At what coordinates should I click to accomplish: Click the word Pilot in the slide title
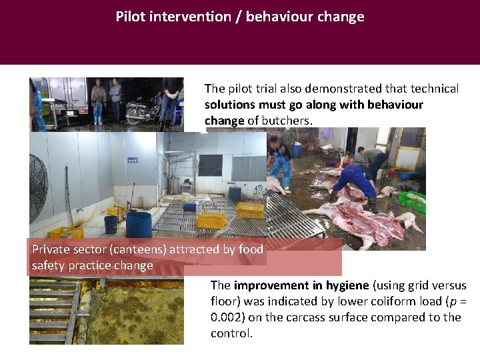(x=131, y=17)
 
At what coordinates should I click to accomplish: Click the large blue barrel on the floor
(x=139, y=223)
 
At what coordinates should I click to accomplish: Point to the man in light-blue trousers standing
(x=281, y=160)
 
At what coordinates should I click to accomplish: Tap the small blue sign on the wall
(x=133, y=160)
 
